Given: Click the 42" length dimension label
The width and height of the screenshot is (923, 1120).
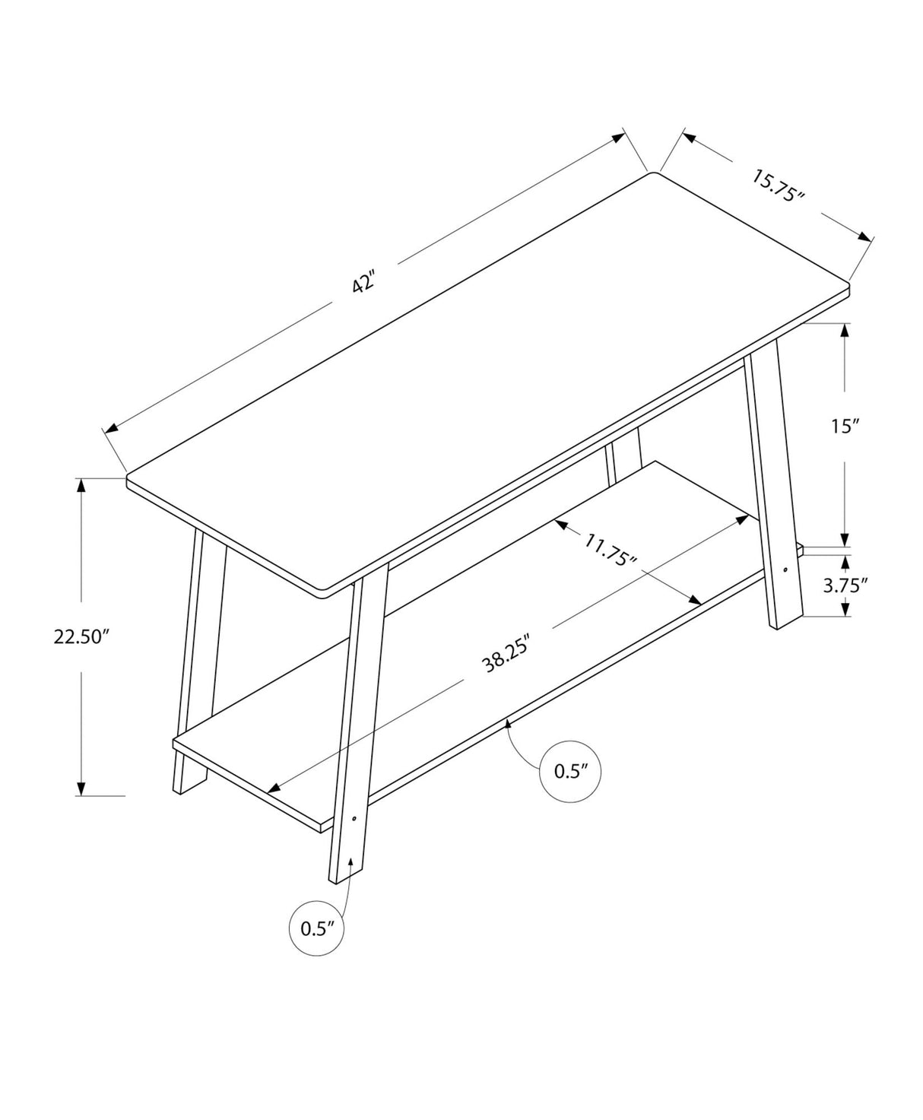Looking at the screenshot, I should [x=364, y=284].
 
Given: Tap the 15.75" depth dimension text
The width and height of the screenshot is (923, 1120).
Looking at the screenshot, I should [x=777, y=186].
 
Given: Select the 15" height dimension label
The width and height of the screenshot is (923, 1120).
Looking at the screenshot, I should [x=843, y=427].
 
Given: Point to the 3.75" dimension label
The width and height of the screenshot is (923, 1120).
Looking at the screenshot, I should [x=846, y=585].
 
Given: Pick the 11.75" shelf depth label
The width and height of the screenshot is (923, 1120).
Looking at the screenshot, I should [x=611, y=550].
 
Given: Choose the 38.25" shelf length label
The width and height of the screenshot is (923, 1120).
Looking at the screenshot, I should [x=506, y=652].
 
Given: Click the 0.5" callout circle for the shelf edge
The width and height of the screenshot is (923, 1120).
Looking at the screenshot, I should [x=571, y=772].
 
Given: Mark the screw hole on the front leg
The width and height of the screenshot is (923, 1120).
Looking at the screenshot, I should [x=354, y=819].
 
